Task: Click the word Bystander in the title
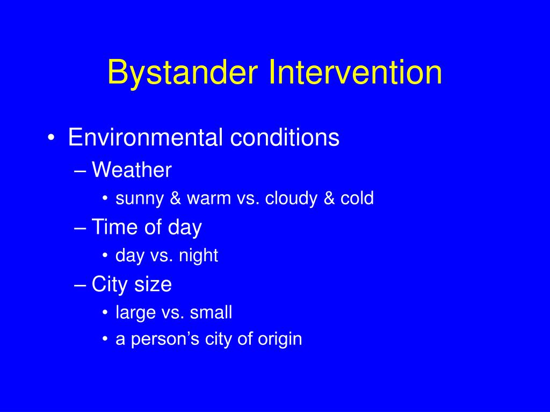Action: tap(183, 72)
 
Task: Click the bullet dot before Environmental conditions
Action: tap(51, 138)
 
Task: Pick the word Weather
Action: tap(132, 170)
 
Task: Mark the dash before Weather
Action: tap(81, 172)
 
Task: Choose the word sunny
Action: tap(140, 199)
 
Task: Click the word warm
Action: tap(209, 198)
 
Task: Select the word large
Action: tap(135, 313)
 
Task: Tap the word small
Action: tap(211, 312)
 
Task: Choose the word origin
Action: tap(280, 340)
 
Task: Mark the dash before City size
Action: tap(81, 285)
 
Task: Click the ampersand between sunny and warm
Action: tap(176, 198)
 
